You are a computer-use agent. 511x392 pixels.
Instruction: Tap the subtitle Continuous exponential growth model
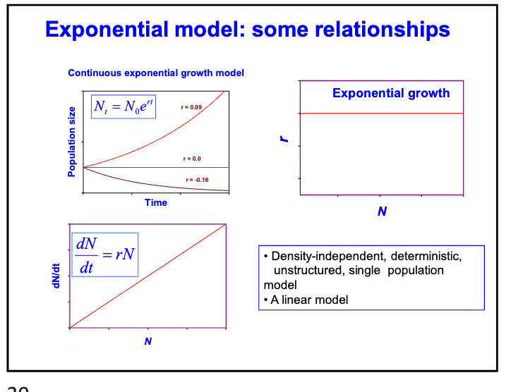pos(156,73)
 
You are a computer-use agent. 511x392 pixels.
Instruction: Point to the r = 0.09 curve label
pos(191,106)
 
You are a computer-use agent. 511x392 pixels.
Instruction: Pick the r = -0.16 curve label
pos(197,180)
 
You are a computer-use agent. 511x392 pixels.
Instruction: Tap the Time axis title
pos(156,202)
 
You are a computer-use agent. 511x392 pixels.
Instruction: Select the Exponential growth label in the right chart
pos(390,93)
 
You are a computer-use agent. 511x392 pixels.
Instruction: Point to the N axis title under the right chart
pos(382,211)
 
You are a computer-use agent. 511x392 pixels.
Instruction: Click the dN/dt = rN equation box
pos(104,255)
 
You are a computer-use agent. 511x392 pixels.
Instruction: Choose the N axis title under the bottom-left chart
pos(148,341)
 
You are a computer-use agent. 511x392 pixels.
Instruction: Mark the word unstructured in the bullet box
pos(307,271)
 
